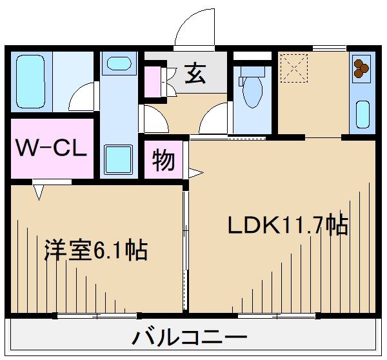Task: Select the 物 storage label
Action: click(164, 159)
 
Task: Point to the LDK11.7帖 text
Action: click(287, 225)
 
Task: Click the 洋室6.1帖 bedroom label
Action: click(95, 249)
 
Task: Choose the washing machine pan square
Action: click(117, 158)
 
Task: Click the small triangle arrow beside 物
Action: click(194, 172)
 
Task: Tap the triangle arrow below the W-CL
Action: click(39, 192)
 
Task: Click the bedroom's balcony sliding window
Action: click(97, 315)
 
